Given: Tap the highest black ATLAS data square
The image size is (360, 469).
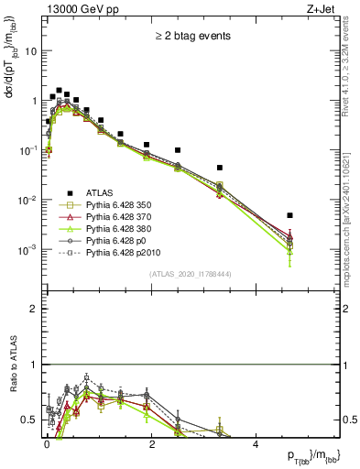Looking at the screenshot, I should coord(59,91).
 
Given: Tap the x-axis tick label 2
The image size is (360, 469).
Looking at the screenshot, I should coord(150,443).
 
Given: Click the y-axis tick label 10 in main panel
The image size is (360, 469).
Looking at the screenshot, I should coord(29,51).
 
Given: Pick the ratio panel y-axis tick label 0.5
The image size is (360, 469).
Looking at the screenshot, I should coord(28,420).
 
